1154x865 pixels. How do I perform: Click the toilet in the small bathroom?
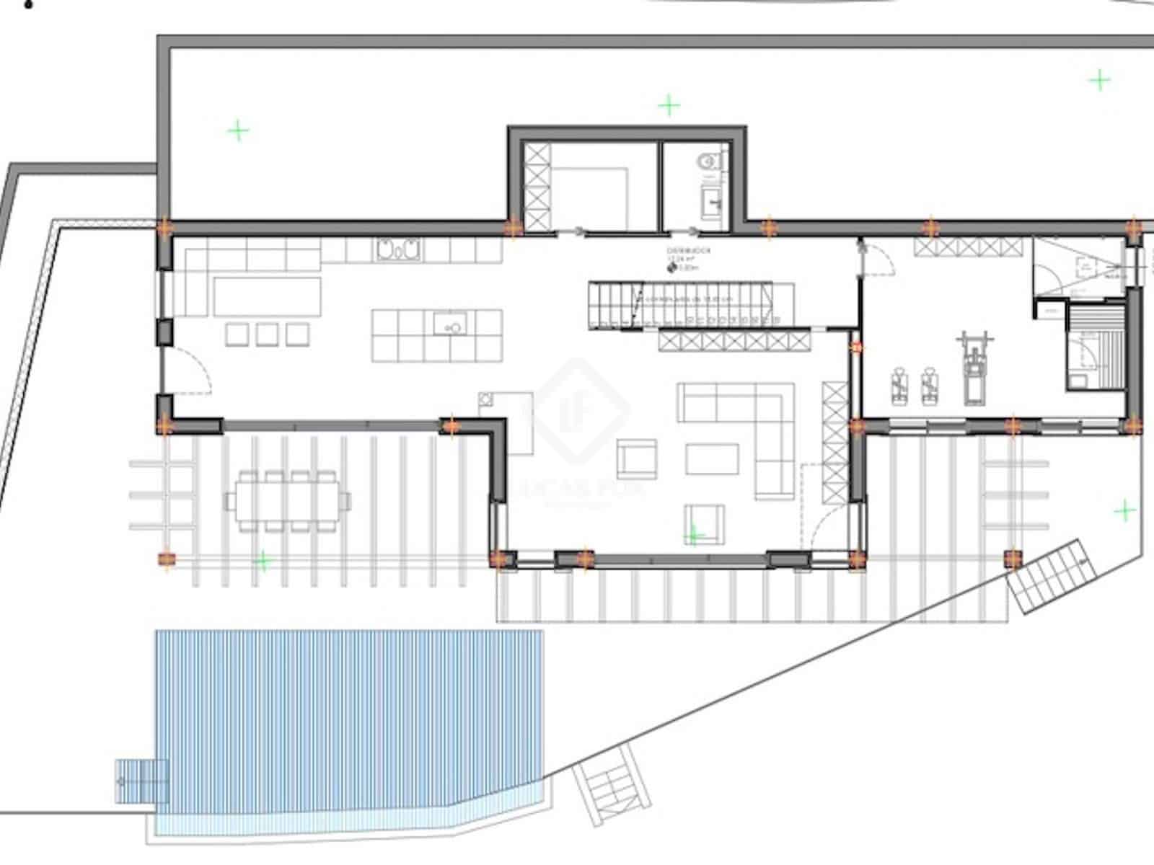coord(709,162)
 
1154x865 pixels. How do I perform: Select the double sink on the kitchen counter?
coord(397,249)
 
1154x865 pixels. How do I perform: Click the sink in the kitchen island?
coord(452,324)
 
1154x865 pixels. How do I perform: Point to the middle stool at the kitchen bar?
coord(267,334)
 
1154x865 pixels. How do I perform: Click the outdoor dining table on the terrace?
coord(288,500)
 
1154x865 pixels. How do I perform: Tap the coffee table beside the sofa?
coord(712,458)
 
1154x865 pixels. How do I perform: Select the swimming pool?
coord(350,728)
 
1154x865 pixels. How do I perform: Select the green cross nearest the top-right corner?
coord(1100,79)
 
